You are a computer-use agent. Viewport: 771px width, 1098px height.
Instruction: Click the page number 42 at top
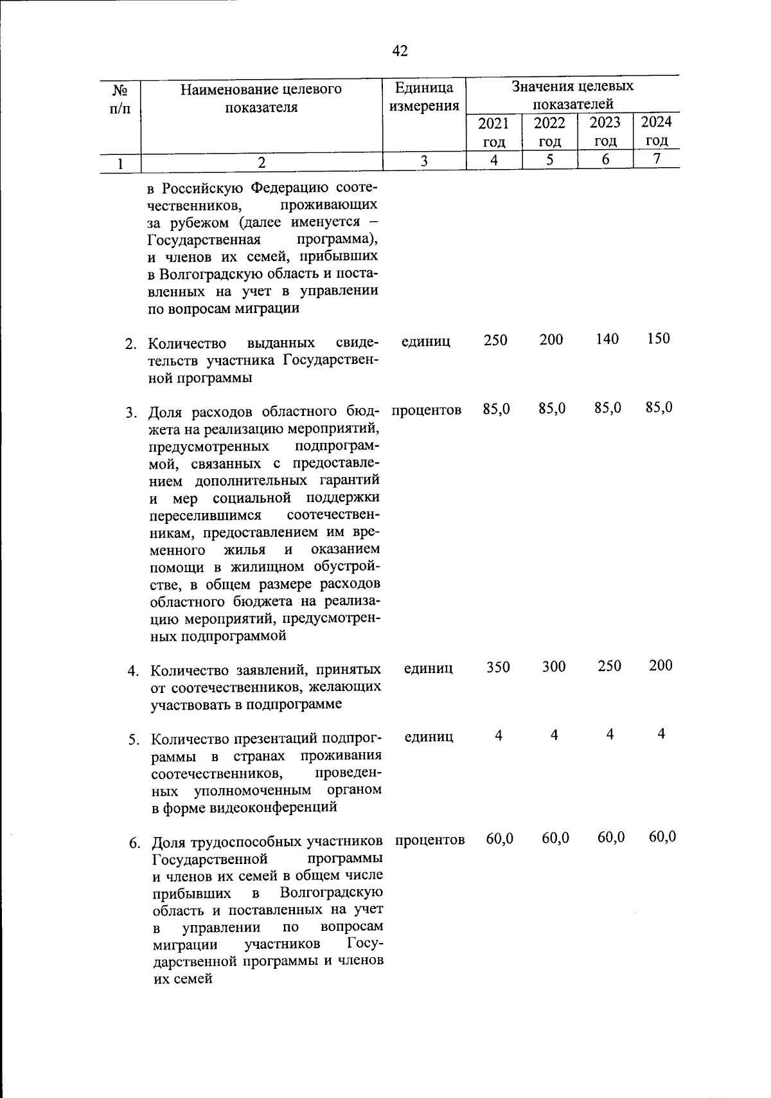[x=400, y=51]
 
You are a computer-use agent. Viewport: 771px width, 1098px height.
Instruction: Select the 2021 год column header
[x=494, y=132]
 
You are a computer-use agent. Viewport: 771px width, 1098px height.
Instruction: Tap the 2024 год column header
[x=657, y=130]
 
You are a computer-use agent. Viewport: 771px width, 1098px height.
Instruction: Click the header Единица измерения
[x=424, y=96]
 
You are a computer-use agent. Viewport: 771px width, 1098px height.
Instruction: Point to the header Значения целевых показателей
[x=572, y=94]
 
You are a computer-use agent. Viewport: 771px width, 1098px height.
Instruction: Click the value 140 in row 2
[x=607, y=339]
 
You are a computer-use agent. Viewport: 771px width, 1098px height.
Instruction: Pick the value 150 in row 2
[x=658, y=338]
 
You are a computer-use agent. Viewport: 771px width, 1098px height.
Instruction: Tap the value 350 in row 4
[x=498, y=667]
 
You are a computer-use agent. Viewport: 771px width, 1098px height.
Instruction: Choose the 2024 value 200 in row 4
[x=660, y=665]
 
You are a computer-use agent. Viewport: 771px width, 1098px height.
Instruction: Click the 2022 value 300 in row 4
[x=553, y=667]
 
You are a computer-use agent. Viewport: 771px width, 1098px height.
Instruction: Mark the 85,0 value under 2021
[x=497, y=408]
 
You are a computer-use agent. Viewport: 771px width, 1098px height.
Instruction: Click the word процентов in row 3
[x=426, y=410]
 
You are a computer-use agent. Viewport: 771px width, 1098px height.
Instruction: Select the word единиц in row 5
[x=429, y=737]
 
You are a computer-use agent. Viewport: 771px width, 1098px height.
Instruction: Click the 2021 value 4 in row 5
[x=499, y=735]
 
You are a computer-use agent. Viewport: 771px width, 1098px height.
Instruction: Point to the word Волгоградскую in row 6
[x=332, y=892]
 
